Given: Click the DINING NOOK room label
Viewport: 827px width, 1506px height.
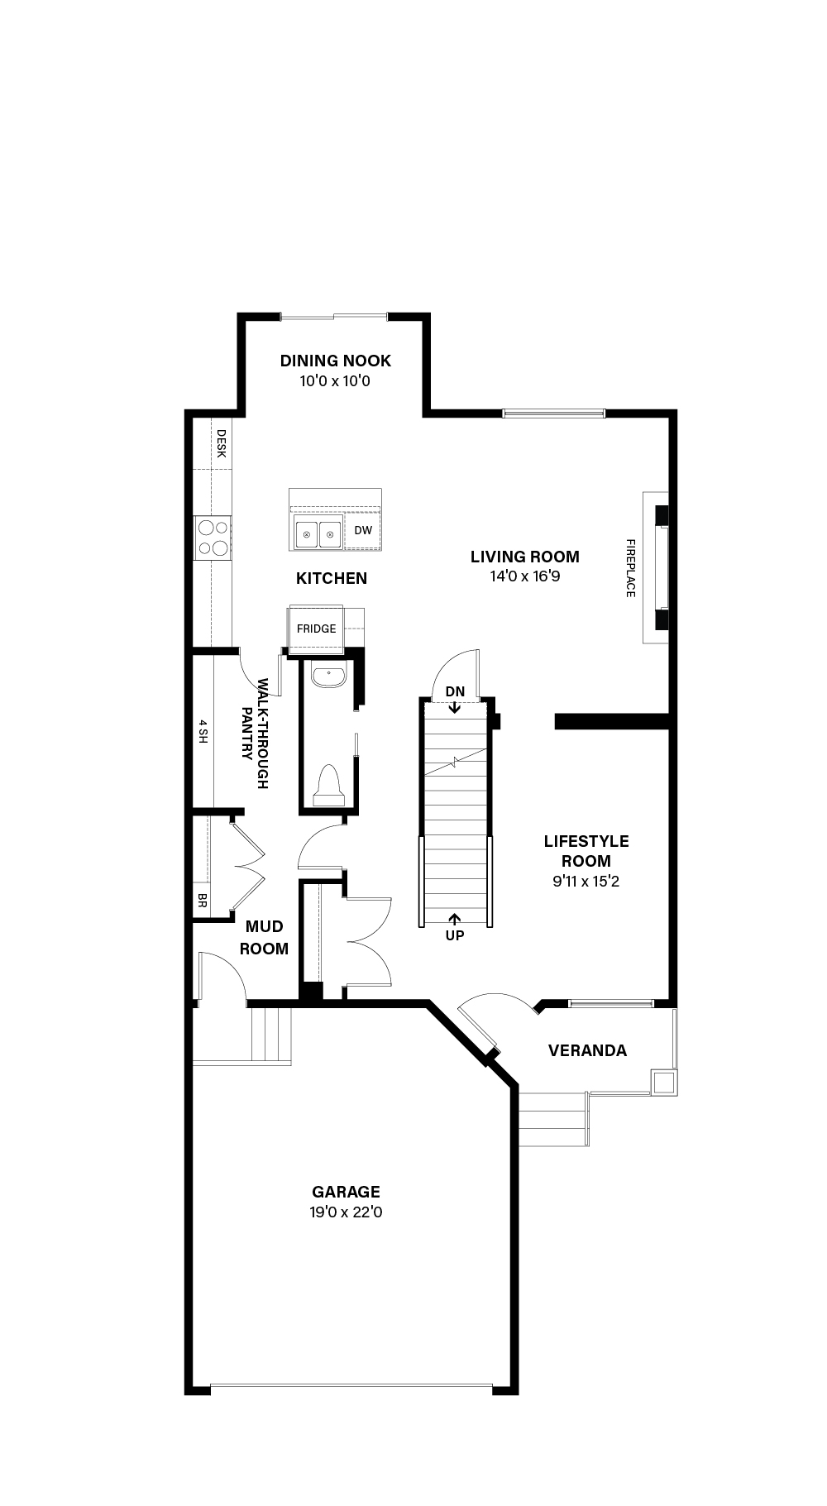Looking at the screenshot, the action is click(335, 361).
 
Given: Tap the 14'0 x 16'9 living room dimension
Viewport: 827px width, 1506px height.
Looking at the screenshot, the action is click(525, 576).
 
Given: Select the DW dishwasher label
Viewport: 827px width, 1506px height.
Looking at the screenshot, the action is click(363, 530).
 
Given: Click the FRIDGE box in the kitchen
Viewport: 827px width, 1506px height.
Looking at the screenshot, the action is click(317, 628).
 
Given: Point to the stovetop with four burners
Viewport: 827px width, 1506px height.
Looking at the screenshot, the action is click(213, 538).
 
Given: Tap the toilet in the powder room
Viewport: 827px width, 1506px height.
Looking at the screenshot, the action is click(328, 786).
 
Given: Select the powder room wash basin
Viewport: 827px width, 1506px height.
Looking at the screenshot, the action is click(328, 677).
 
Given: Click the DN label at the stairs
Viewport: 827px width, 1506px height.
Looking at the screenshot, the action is click(455, 691).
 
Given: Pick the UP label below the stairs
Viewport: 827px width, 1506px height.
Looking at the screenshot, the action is click(455, 935).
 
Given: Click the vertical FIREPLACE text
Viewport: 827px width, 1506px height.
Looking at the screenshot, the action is click(630, 568).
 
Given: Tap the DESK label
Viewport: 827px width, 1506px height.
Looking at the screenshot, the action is click(221, 442).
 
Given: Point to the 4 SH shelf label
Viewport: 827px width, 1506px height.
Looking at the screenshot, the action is click(203, 732).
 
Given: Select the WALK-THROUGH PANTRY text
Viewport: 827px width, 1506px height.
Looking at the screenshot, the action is click(256, 734).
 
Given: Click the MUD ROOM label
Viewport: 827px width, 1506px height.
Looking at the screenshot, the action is click(265, 938).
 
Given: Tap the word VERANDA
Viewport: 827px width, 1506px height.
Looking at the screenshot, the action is click(588, 1050).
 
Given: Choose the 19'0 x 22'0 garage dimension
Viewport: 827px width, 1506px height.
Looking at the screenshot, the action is click(347, 1212).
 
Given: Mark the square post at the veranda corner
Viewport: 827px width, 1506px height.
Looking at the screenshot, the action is click(664, 1083).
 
